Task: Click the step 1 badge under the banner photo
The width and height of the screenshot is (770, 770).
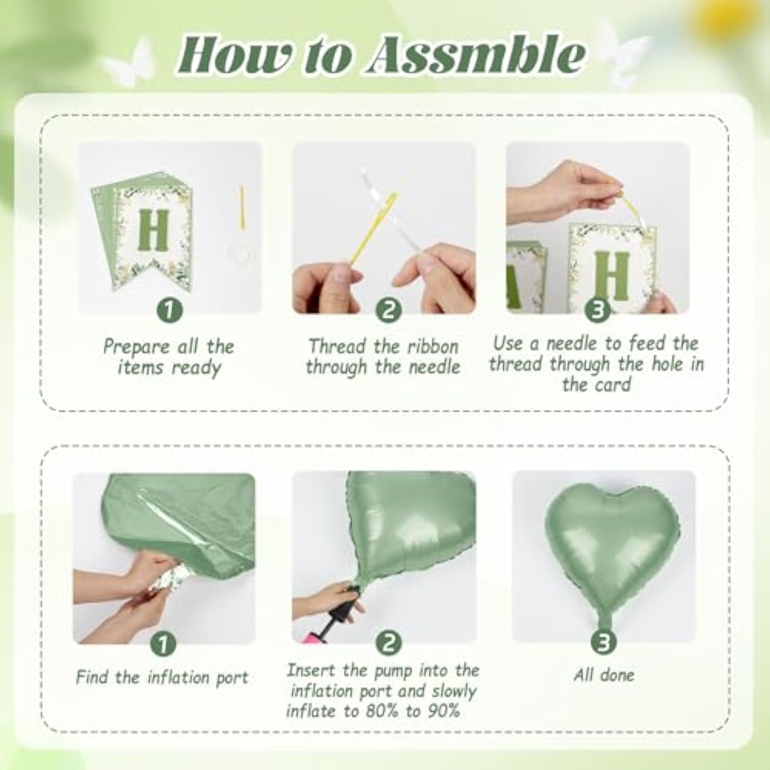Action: point(170,310)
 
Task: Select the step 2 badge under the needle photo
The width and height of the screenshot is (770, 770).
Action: point(388,310)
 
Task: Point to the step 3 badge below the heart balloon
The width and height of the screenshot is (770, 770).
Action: point(604,642)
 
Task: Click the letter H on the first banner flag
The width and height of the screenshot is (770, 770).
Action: point(153,230)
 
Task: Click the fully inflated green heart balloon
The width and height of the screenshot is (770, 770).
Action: point(611,544)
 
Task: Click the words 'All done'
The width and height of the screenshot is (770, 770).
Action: point(604,675)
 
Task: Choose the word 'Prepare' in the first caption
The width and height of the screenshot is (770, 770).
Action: point(136,347)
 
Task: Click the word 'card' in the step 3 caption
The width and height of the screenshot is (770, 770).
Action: point(611,385)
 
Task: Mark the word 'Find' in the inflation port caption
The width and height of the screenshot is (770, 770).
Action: point(92,677)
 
